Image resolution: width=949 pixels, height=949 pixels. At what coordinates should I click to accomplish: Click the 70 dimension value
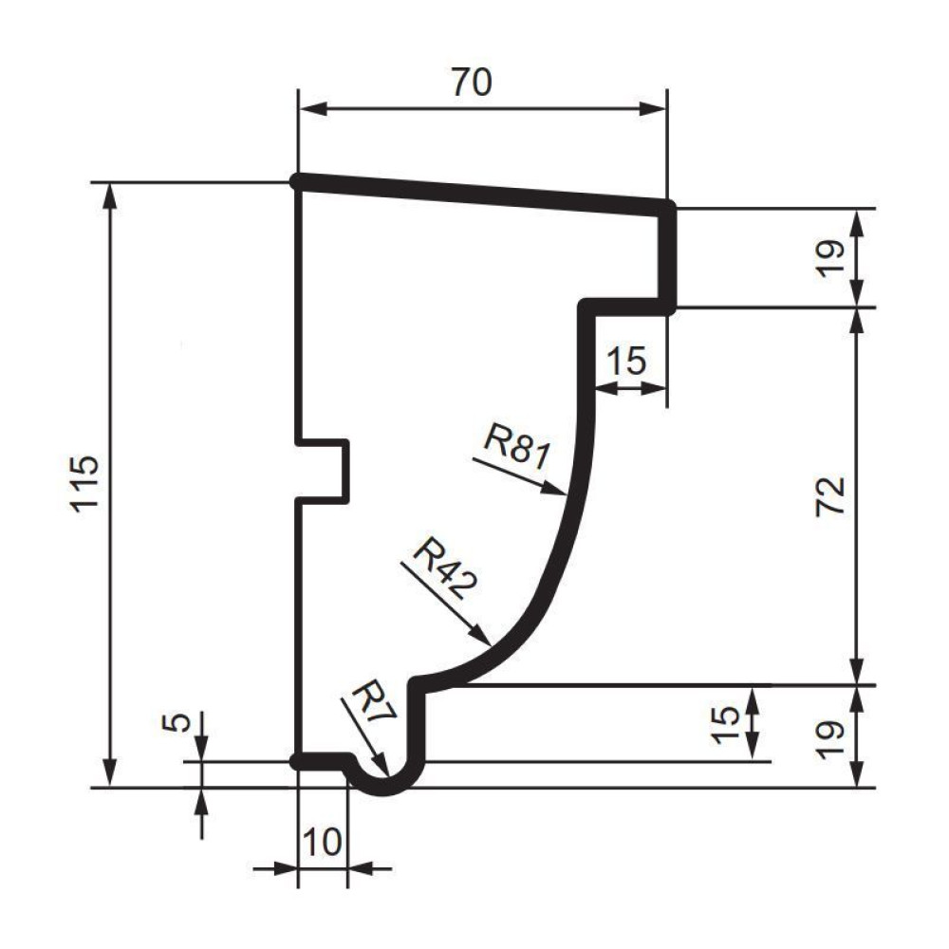click(x=472, y=83)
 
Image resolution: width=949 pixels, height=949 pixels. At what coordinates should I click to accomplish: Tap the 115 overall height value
click(x=84, y=484)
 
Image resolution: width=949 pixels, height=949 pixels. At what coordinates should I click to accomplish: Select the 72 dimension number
click(x=830, y=496)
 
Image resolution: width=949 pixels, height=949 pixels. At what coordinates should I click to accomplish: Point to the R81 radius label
click(x=517, y=447)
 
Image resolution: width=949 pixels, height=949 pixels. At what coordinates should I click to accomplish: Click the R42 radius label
click(x=445, y=568)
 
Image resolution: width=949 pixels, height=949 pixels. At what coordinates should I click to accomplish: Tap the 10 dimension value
click(x=322, y=841)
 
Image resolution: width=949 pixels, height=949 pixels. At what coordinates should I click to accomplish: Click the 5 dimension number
click(x=177, y=722)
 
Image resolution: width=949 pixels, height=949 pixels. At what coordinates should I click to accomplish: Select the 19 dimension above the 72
click(x=830, y=258)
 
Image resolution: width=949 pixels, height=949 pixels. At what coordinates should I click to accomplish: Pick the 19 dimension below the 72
click(x=830, y=739)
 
